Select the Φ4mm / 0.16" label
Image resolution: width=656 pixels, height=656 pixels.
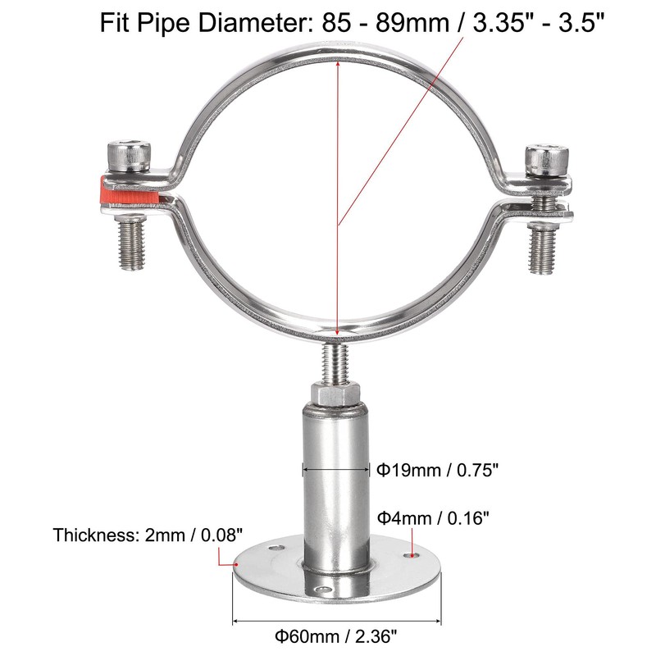pyautogui.click(x=433, y=517)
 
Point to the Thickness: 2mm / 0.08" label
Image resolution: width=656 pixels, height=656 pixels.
pyautogui.click(x=148, y=536)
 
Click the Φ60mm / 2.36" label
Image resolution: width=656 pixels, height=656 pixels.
pyautogui.click(x=339, y=635)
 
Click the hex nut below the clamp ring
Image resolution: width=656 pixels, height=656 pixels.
pyautogui.click(x=335, y=394)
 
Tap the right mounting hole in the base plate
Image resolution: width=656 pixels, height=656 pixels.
pyautogui.click(x=410, y=555)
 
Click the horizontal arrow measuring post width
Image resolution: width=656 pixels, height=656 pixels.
pyautogui.click(x=336, y=470)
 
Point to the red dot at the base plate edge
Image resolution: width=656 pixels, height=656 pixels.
pyautogui.click(x=221, y=563)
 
